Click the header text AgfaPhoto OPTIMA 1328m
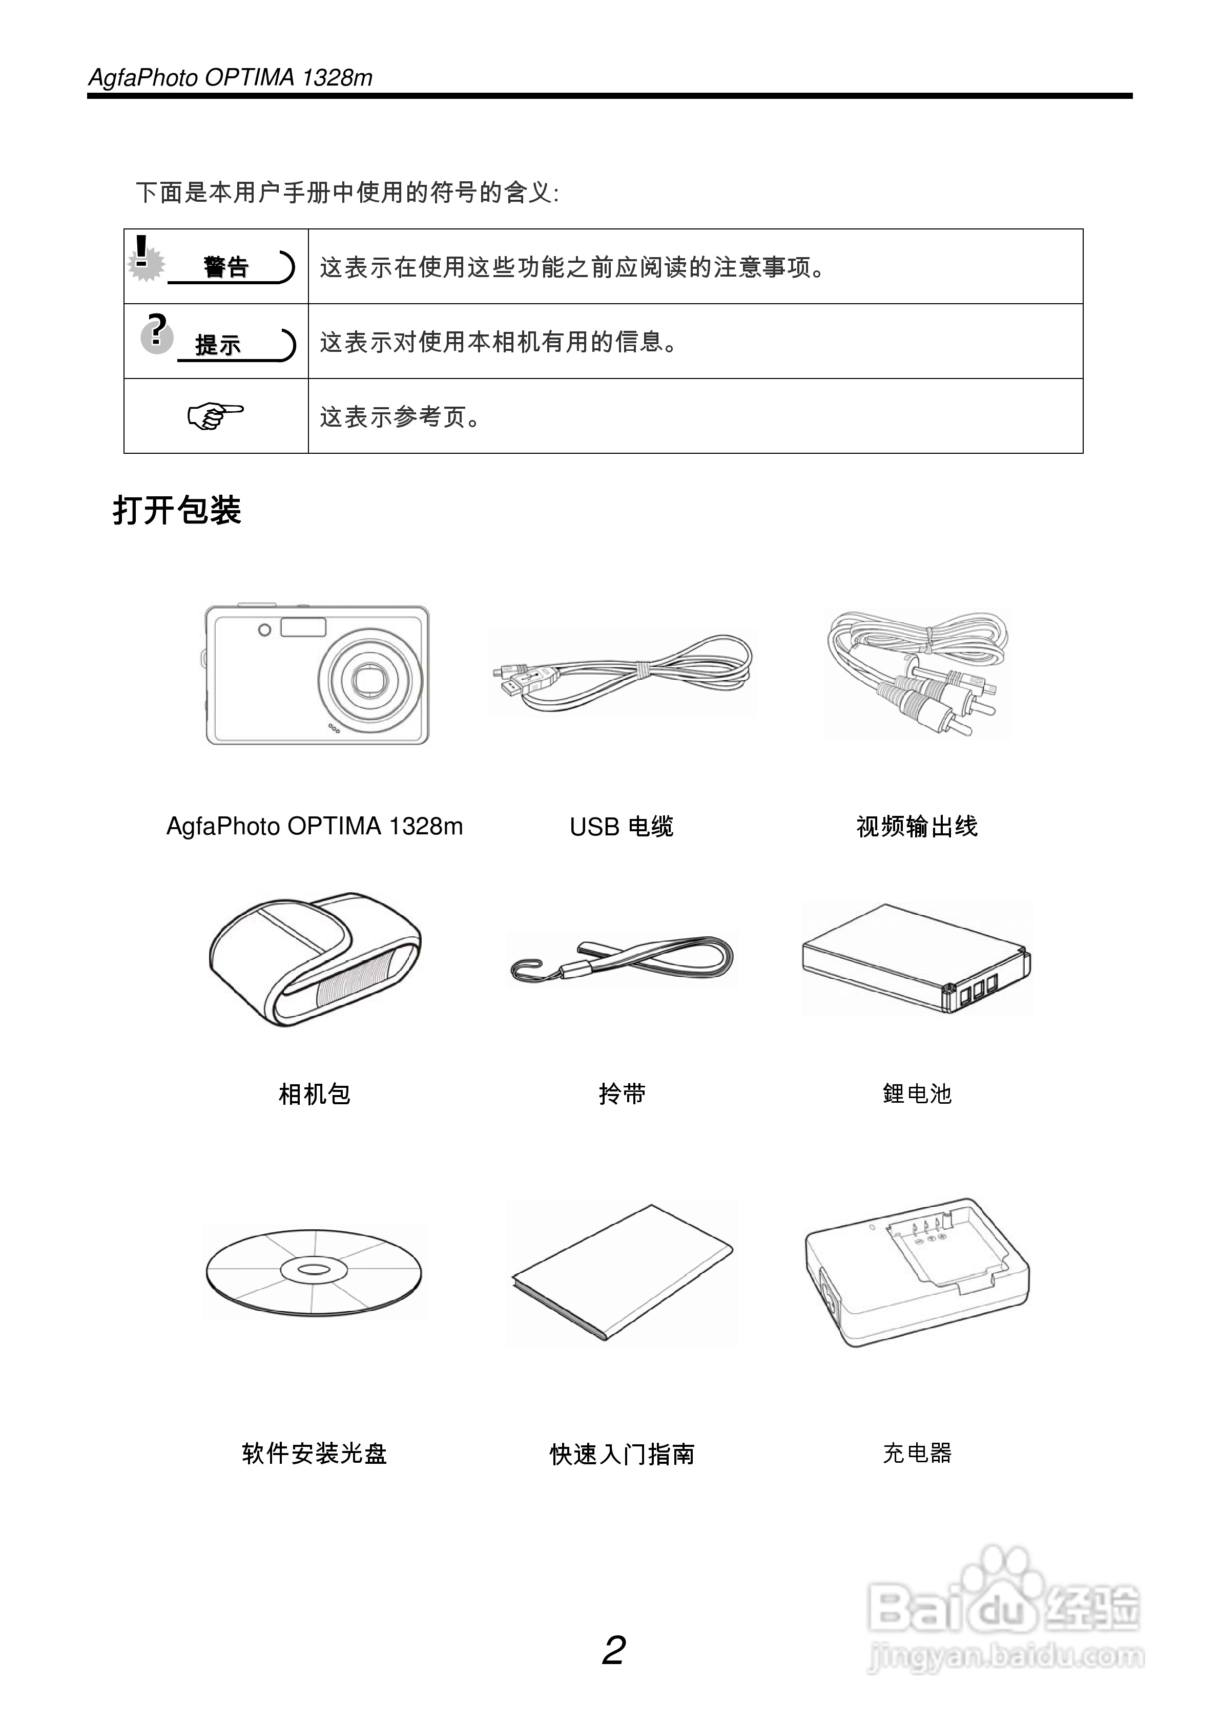pyautogui.click(x=230, y=77)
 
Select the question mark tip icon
pyautogui.click(x=156, y=334)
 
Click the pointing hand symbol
pyautogui.click(x=216, y=415)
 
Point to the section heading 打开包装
pyautogui.click(x=177, y=510)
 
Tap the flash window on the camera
pyautogui.click(x=303, y=626)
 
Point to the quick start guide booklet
pyautogui.click(x=623, y=1270)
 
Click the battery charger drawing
pyautogui.click(x=917, y=1271)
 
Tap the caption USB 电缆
pyautogui.click(x=621, y=827)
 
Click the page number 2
pyautogui.click(x=613, y=1651)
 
